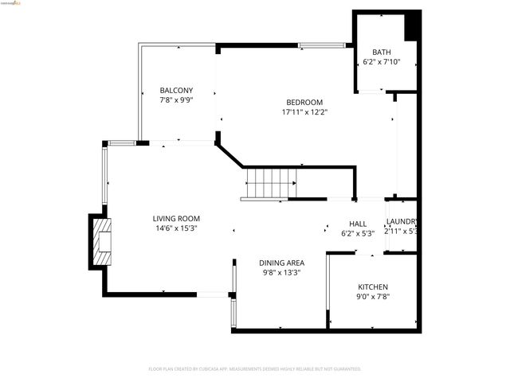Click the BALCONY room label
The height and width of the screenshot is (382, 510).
[176, 90]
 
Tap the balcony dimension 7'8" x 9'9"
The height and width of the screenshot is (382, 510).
[176, 100]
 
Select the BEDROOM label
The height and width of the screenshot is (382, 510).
[304, 102]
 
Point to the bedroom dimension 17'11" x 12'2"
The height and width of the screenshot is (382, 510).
[304, 112]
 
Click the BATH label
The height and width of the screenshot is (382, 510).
[381, 52]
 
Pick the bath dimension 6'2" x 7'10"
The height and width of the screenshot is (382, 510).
[381, 62]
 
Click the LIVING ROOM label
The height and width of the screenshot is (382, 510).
[176, 218]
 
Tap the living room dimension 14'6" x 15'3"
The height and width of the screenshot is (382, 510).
[176, 228]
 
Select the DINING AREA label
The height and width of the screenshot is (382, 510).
[281, 263]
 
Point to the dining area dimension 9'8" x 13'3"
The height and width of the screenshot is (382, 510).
[281, 273]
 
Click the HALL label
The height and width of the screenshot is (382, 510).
[357, 224]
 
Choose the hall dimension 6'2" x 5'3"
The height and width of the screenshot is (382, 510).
[357, 234]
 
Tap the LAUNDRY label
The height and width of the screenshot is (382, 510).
[402, 222]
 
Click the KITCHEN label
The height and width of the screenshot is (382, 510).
[372, 286]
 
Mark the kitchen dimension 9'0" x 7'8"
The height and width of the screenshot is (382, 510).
[372, 297]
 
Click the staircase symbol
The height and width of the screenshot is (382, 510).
[270, 184]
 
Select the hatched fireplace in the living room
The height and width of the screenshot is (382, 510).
[103, 242]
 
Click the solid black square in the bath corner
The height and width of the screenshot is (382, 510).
[412, 25]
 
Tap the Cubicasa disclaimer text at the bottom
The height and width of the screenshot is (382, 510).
[255, 369]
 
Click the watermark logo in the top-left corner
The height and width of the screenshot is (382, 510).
[13, 3]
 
